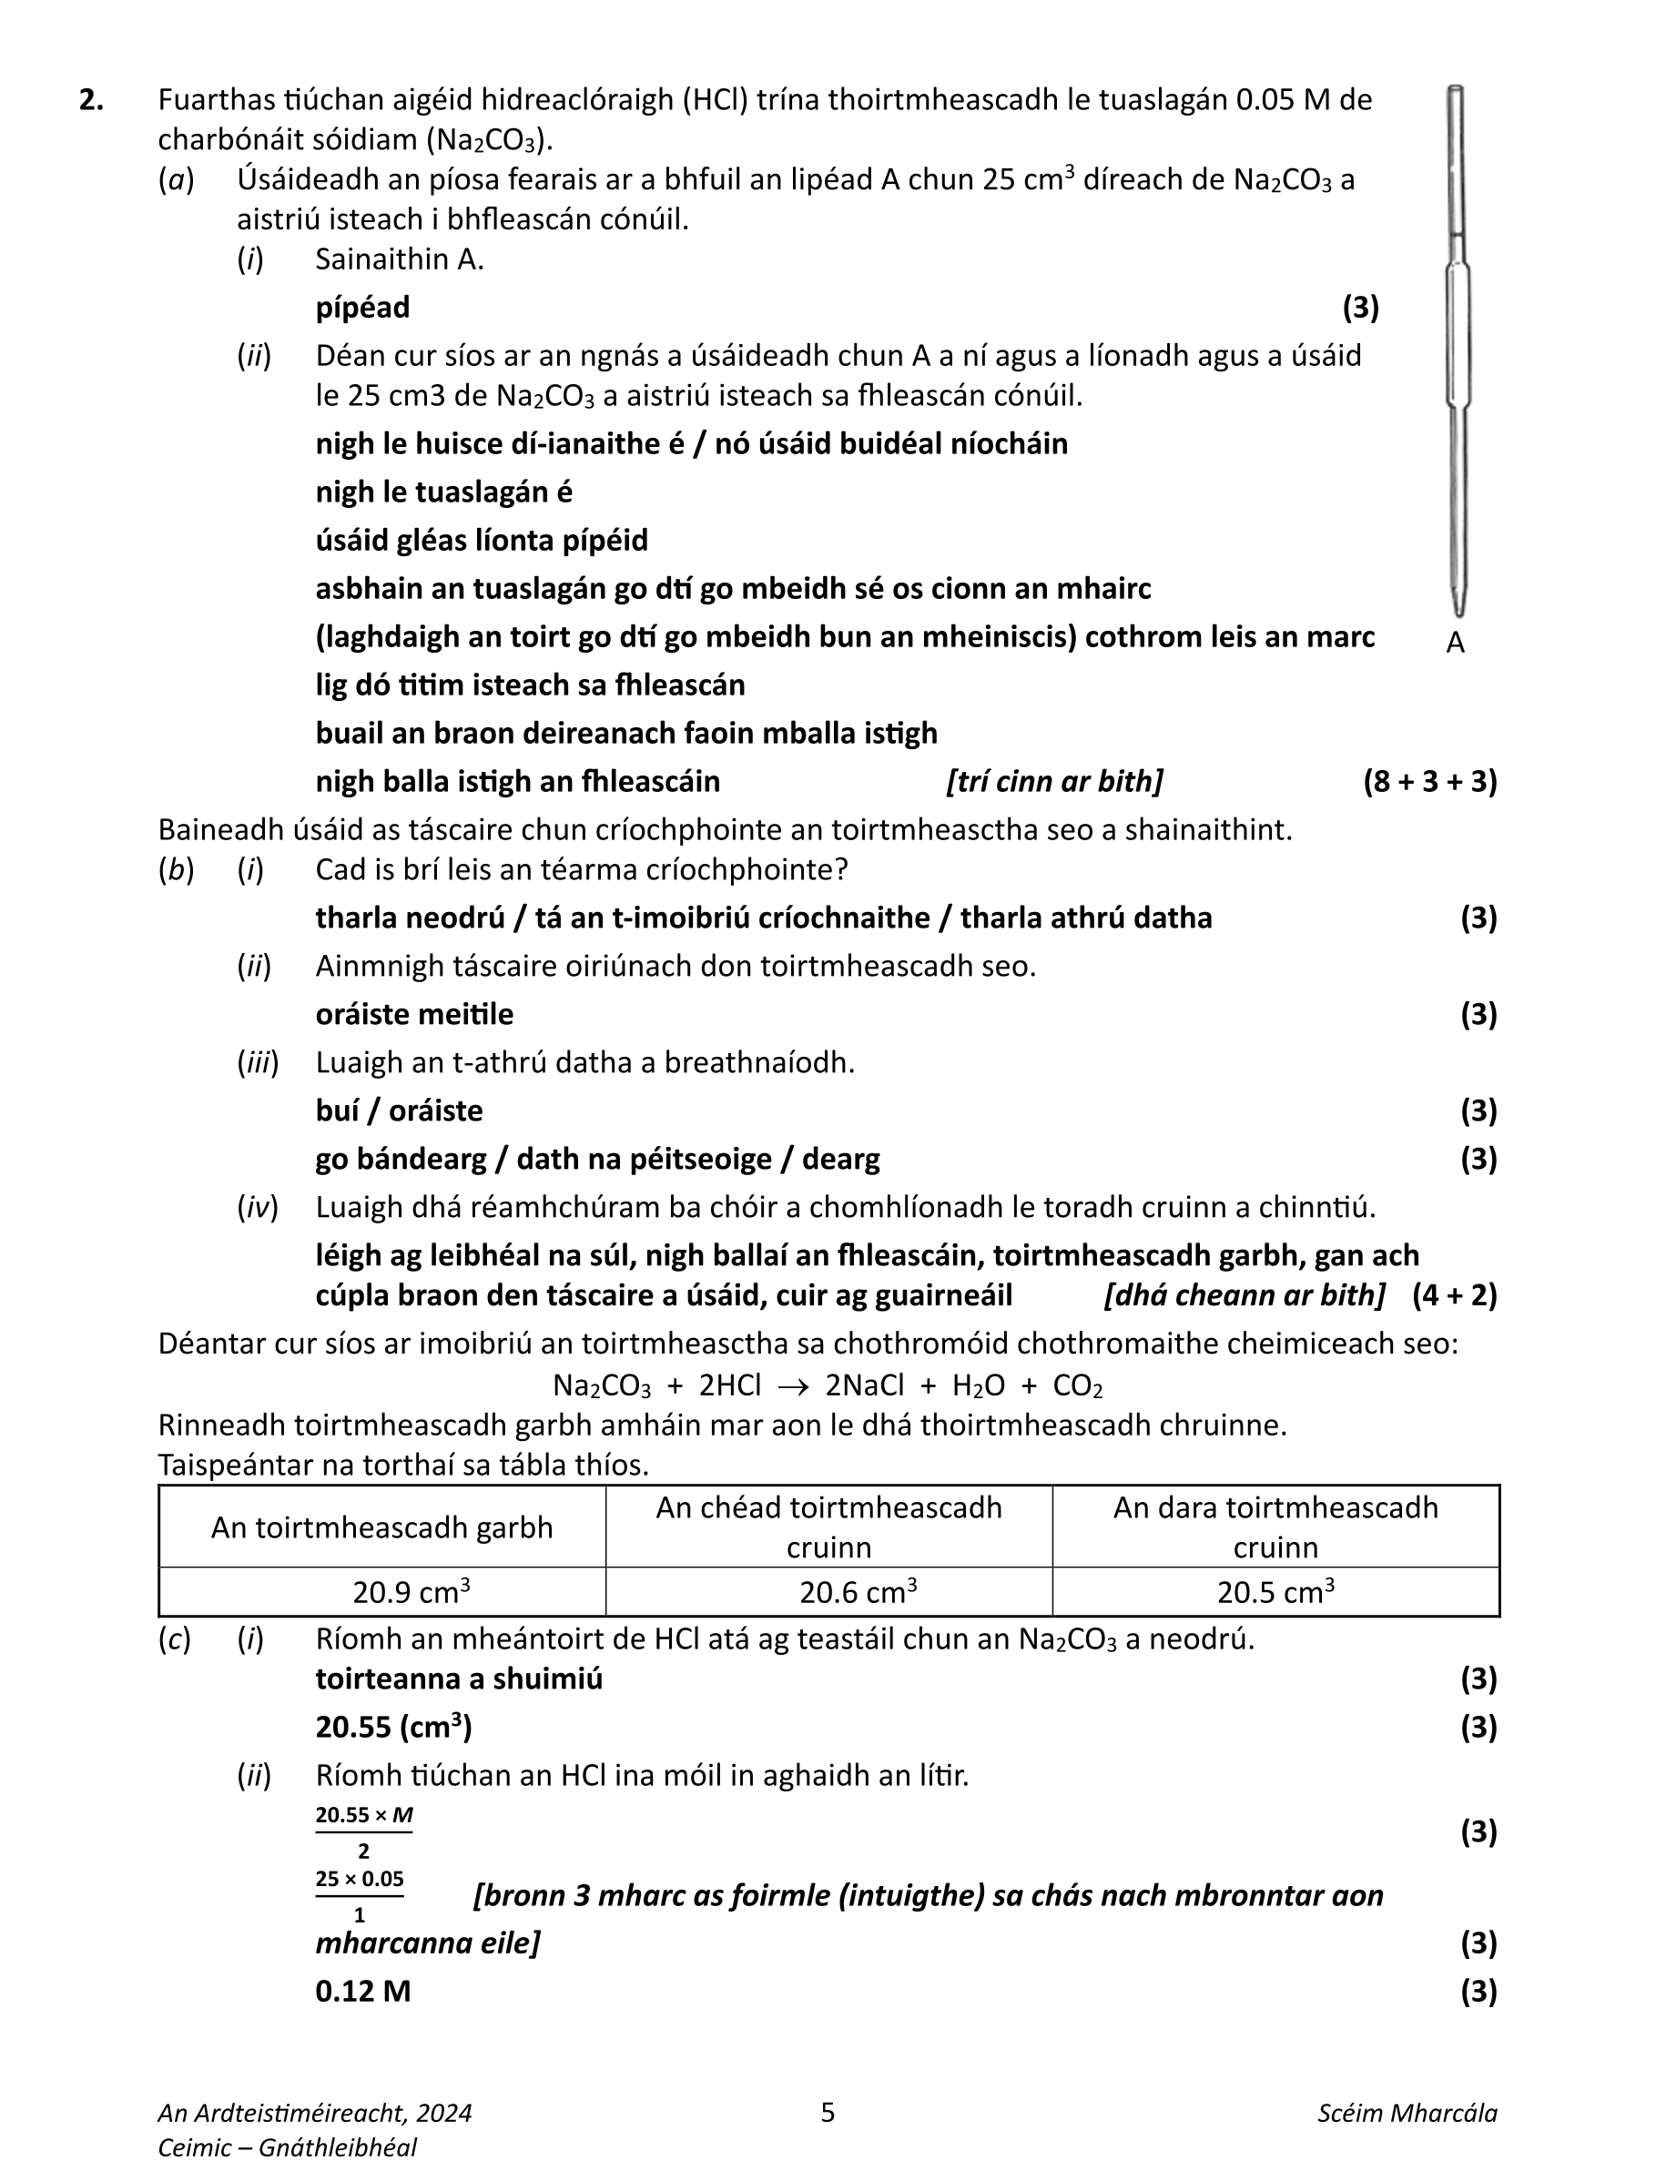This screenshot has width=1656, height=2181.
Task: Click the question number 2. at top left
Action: pyautogui.click(x=91, y=100)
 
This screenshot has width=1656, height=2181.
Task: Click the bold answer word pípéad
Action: pyautogui.click(x=362, y=308)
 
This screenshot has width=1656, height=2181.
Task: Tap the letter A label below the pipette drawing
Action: pyautogui.click(x=1455, y=643)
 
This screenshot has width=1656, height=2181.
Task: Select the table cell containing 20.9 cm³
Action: pyautogui.click(x=381, y=1593)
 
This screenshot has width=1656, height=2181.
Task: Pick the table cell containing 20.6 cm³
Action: pyautogui.click(x=828, y=1593)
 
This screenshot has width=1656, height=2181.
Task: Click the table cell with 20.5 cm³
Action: pyautogui.click(x=1275, y=1593)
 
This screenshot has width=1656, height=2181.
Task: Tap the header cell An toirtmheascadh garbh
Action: pyautogui.click(x=381, y=1527)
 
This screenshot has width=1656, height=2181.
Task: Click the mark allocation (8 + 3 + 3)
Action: pyautogui.click(x=1429, y=782)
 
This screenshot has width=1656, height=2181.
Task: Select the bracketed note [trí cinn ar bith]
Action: pyautogui.click(x=1053, y=782)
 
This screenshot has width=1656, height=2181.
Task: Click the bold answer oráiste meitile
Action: pyautogui.click(x=414, y=1014)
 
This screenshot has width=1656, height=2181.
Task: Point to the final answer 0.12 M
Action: pyautogui.click(x=362, y=1991)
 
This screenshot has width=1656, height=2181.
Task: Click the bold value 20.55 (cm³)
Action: pyautogui.click(x=392, y=1728)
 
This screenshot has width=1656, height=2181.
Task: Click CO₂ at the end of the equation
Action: pyautogui.click(x=1077, y=1386)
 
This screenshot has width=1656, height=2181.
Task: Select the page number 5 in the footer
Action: pyautogui.click(x=828, y=2112)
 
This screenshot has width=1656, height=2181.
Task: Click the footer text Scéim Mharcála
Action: pyautogui.click(x=1407, y=2113)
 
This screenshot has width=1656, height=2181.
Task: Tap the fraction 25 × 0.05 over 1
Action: pyautogui.click(x=360, y=1896)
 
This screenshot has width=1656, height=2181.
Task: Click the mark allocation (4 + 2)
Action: pyautogui.click(x=1454, y=1294)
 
